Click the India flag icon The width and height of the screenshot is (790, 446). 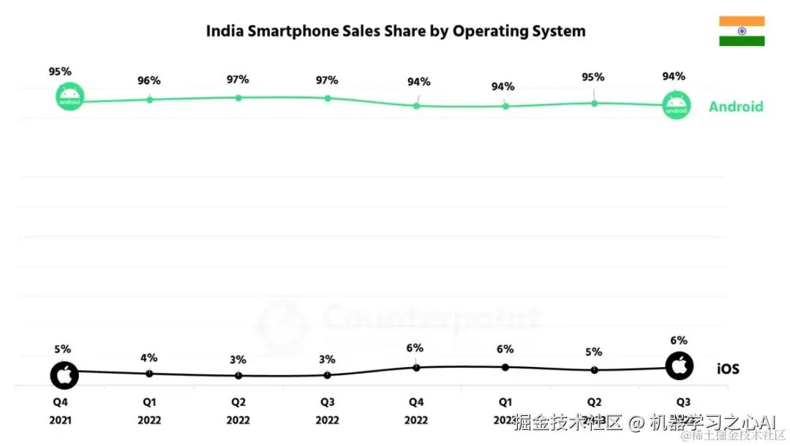(x=741, y=31)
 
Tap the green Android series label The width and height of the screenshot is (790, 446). (x=735, y=107)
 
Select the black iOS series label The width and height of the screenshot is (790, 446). (x=727, y=369)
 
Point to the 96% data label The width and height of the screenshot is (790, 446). (x=149, y=80)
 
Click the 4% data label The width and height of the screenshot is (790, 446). (x=149, y=358)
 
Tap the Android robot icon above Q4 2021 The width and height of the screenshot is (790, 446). (x=70, y=97)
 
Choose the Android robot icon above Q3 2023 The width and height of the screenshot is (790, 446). (x=676, y=106)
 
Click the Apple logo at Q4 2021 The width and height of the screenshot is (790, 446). (x=64, y=374)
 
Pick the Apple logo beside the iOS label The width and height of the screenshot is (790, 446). (x=680, y=366)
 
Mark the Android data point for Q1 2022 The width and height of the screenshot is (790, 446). (x=149, y=99)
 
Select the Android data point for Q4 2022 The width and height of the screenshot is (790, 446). (x=416, y=106)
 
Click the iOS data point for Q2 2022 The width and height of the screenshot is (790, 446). (x=238, y=376)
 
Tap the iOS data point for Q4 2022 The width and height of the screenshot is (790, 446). (x=416, y=367)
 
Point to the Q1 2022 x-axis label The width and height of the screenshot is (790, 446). (x=149, y=411)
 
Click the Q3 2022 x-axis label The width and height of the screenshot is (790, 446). (x=327, y=411)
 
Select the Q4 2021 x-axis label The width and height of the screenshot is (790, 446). (x=60, y=411)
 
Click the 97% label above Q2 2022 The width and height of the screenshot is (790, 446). (x=238, y=79)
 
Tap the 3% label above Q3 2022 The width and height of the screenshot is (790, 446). (x=327, y=359)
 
